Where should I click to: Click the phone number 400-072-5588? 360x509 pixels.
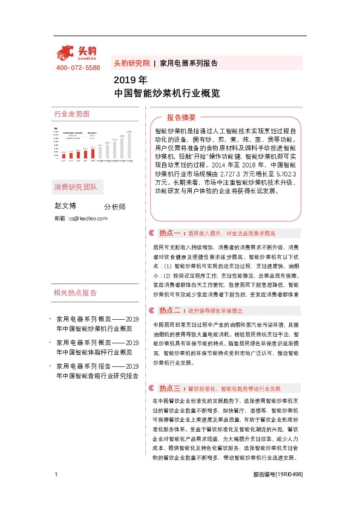point(77,68)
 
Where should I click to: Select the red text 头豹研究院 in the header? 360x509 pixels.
point(131,63)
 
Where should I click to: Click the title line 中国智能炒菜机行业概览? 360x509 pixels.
point(166,94)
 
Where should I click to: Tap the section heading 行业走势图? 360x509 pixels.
point(71,114)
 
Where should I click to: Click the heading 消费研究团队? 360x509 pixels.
point(75,186)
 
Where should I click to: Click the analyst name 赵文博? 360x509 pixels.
point(65,206)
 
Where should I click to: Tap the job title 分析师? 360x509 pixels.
point(115,207)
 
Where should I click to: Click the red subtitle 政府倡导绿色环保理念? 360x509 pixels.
point(215,311)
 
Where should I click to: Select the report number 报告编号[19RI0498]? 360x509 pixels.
point(278,491)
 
